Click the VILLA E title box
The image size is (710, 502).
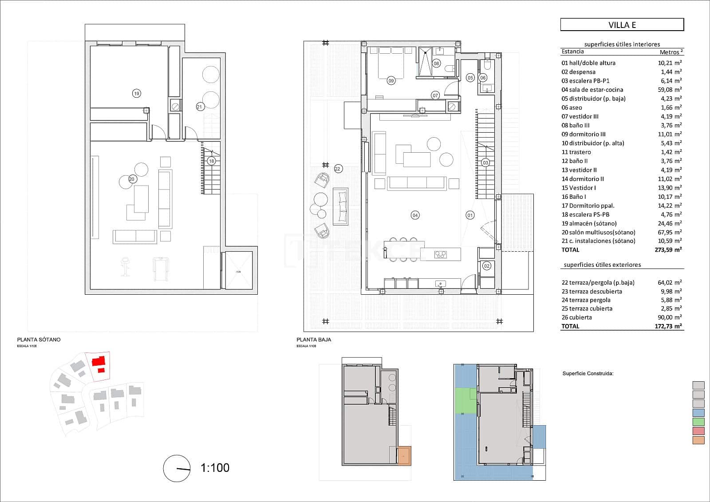point(622,24)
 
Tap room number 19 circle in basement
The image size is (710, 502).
point(136,93)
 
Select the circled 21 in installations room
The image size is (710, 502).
point(200,107)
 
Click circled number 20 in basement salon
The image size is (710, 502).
point(132,179)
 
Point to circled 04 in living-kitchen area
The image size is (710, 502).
point(415,215)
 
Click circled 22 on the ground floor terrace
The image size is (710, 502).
point(338,169)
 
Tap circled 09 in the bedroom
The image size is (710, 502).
point(391,81)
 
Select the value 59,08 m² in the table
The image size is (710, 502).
point(670,90)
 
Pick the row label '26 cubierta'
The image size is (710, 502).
point(576,317)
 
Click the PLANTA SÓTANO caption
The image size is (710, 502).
point(39,340)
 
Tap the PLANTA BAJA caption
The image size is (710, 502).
point(314,340)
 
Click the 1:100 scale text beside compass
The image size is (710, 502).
point(215,467)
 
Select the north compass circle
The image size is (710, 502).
point(177,468)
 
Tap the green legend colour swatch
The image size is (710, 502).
point(698,422)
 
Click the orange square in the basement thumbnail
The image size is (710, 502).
point(404,456)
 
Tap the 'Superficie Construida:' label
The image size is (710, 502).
point(588,374)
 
